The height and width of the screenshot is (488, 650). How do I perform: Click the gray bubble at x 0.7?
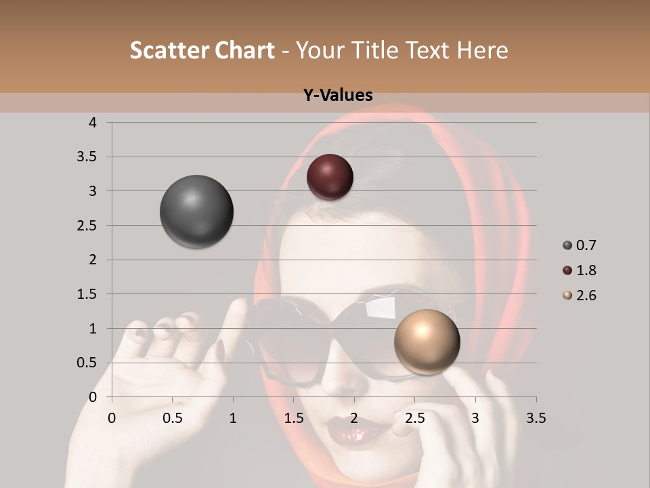coord(196,211)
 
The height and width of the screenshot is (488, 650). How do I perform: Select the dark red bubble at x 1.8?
coord(330,177)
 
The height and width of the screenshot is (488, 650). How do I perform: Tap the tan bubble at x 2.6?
coord(427,342)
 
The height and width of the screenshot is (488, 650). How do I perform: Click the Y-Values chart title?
coord(338,96)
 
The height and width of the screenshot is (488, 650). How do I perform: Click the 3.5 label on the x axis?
coord(536,418)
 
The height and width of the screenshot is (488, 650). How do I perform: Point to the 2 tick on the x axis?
coord(354,418)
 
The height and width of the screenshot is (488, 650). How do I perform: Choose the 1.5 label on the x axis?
coord(293,418)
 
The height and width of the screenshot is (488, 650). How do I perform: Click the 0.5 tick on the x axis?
coord(172,418)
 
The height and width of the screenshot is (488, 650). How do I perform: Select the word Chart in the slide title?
coord(244,50)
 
